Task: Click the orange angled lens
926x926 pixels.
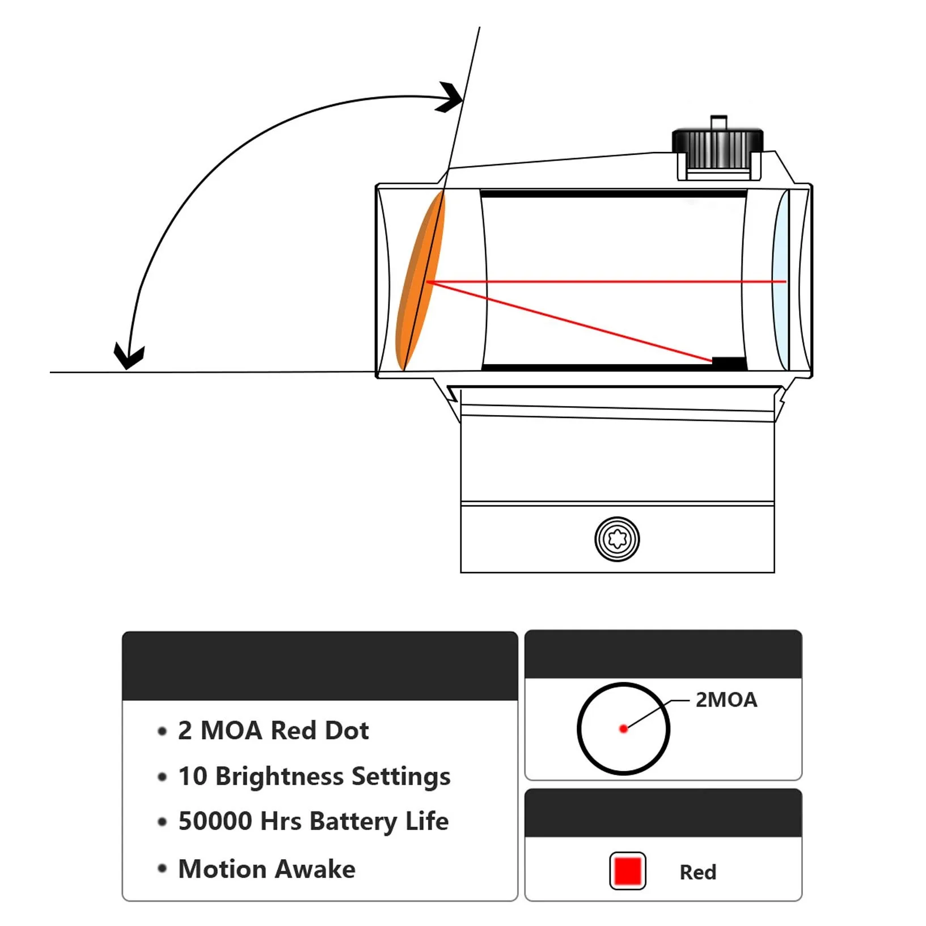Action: tap(420, 281)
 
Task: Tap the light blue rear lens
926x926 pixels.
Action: tap(781, 281)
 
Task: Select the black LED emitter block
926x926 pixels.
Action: tap(729, 362)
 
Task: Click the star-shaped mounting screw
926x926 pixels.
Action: tap(617, 539)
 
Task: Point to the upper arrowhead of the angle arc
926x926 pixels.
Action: tap(451, 98)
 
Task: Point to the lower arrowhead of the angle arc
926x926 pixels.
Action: tap(129, 356)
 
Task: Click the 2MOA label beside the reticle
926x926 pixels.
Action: tap(726, 700)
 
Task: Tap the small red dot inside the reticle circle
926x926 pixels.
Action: tap(623, 729)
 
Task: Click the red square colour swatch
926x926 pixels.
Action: tap(628, 871)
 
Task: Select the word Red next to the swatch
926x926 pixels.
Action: tap(698, 872)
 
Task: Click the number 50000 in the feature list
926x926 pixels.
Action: tap(215, 821)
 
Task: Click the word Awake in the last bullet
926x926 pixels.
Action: tap(315, 869)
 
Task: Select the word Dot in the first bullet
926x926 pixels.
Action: tap(347, 730)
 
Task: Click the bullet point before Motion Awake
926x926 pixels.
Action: tap(162, 868)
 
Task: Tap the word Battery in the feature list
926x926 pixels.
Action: tap(354, 822)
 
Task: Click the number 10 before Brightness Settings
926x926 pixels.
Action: tap(193, 776)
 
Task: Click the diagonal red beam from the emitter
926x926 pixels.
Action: tap(570, 321)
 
